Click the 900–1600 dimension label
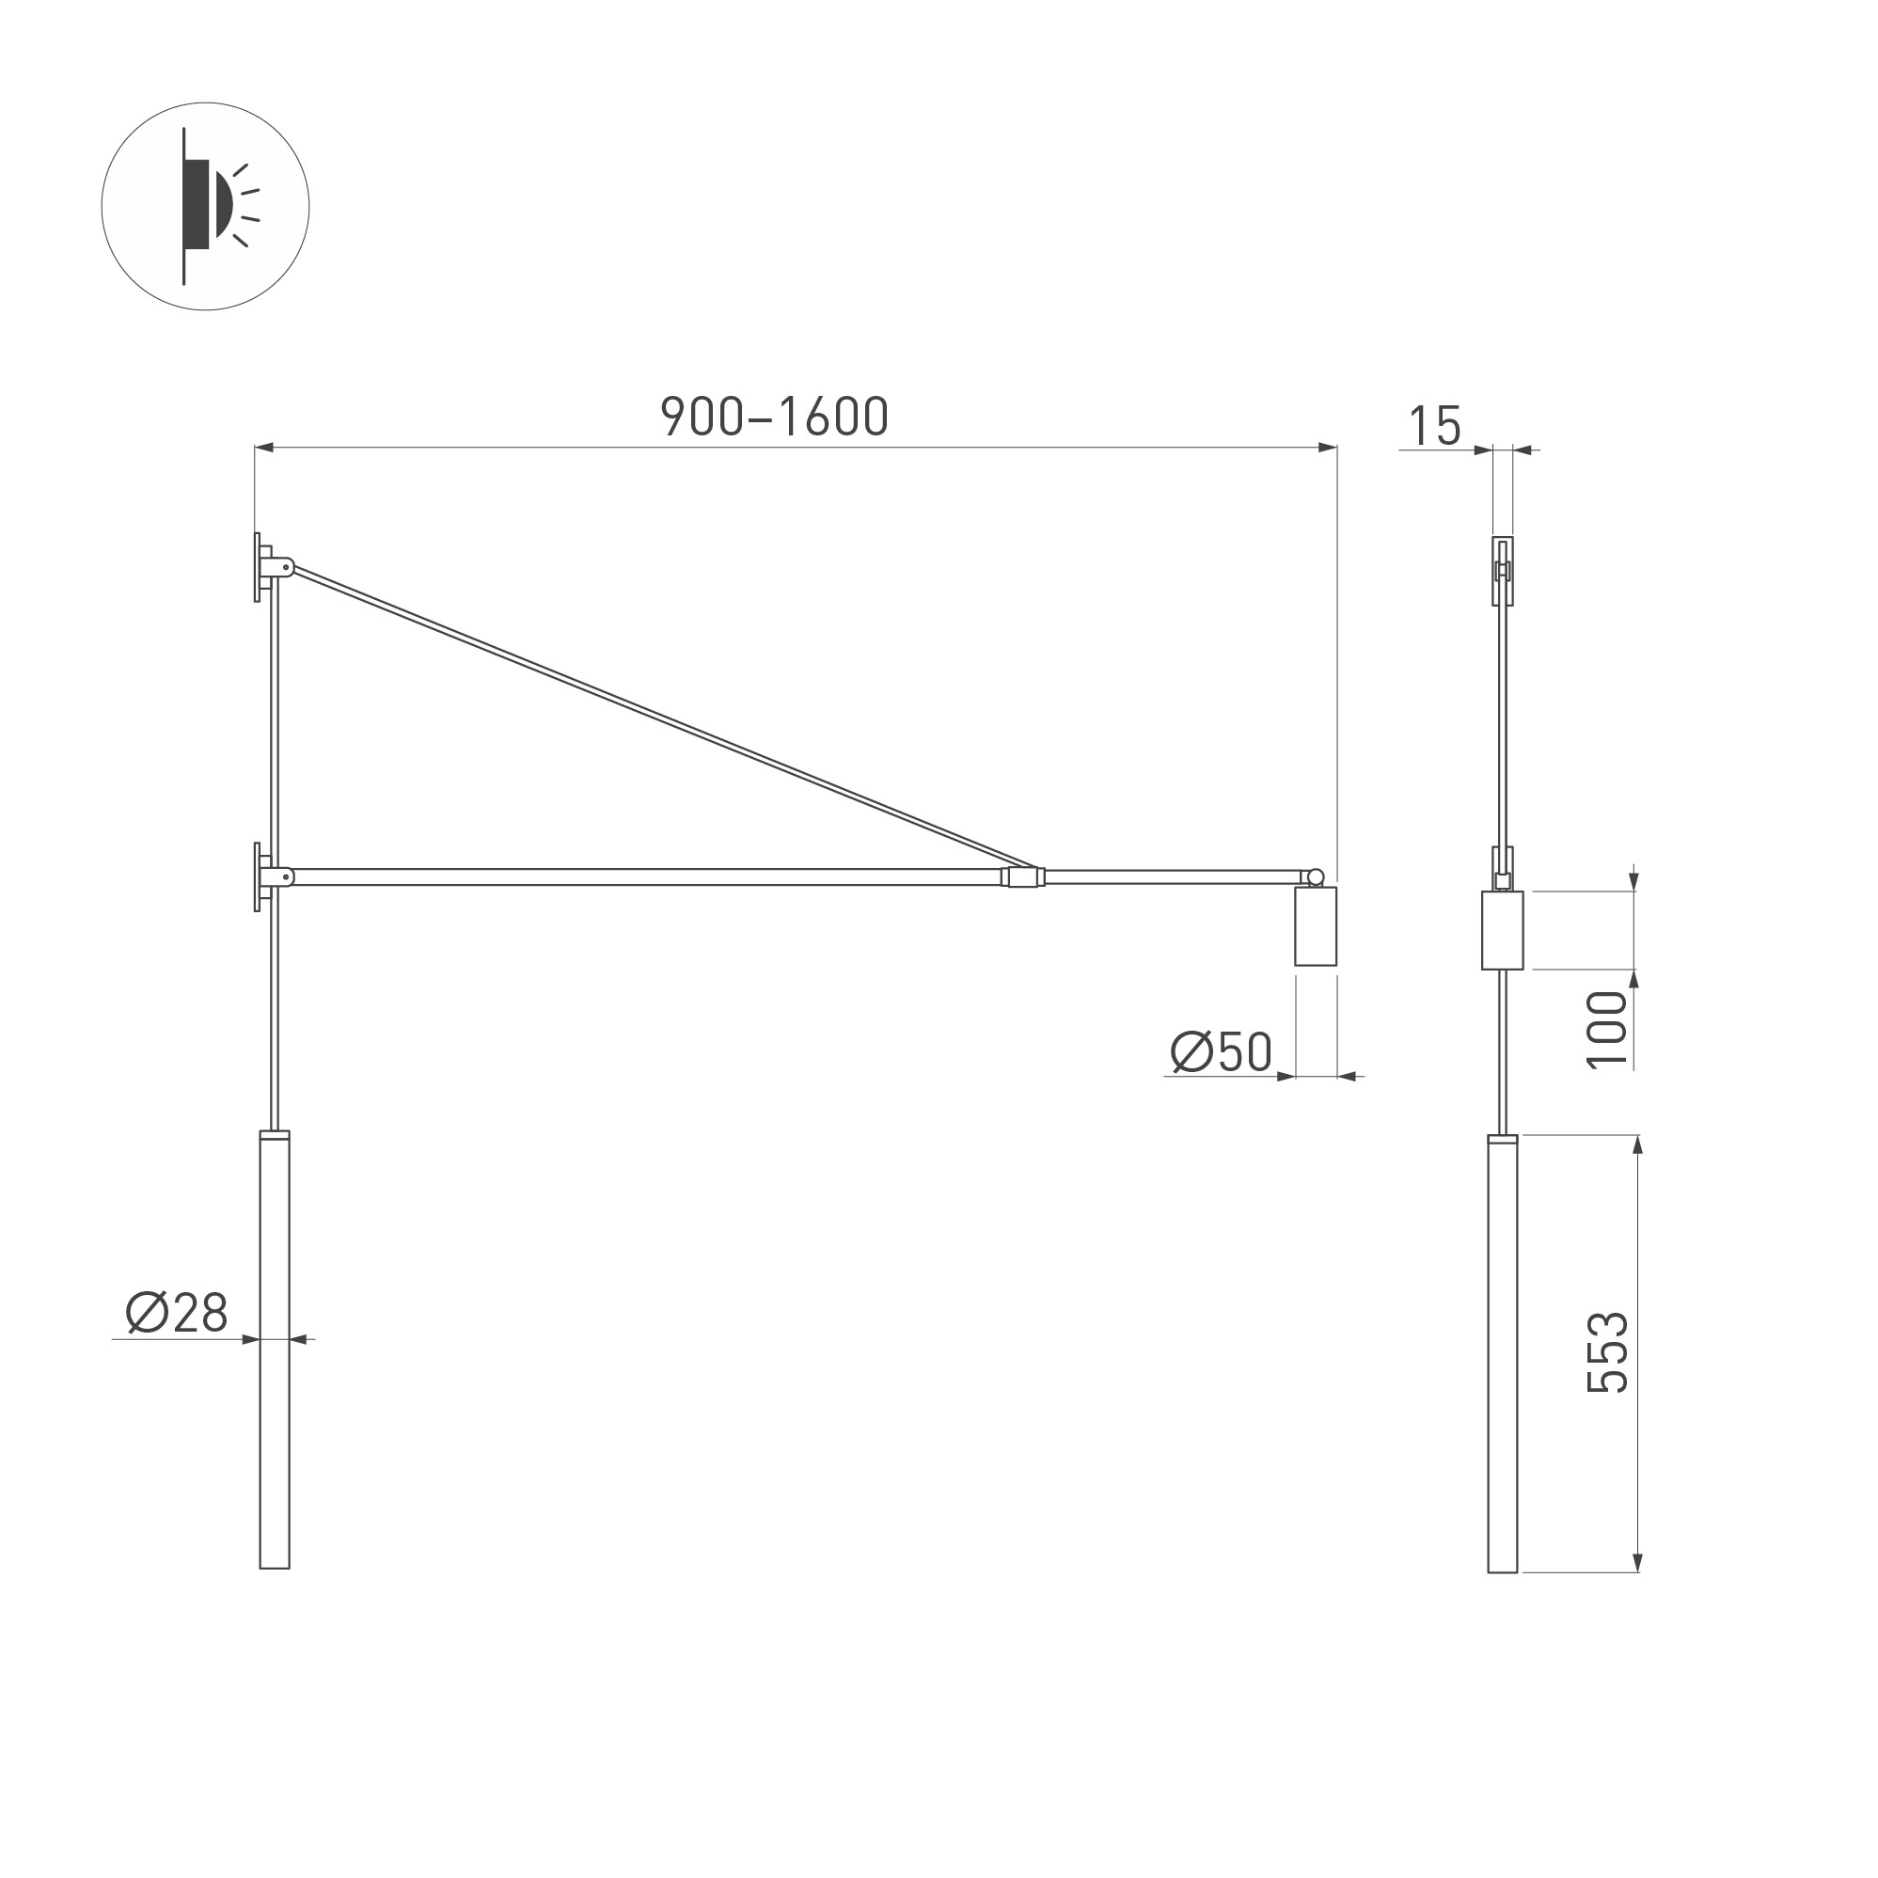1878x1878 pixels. tap(775, 416)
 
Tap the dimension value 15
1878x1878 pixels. tap(1435, 426)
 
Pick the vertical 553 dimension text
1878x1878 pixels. tap(1607, 1353)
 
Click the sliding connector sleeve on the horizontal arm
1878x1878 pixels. tap(1022, 876)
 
